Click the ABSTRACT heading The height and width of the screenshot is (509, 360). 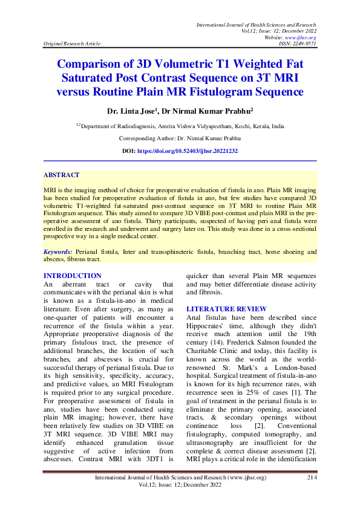(x=61, y=175)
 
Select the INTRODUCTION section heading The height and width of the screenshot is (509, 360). (x=73, y=276)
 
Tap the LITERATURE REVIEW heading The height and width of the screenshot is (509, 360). (x=227, y=309)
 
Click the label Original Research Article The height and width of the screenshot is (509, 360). (x=70, y=44)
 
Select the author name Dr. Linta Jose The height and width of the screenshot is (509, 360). (x=131, y=112)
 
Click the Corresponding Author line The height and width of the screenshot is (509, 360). (x=180, y=138)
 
